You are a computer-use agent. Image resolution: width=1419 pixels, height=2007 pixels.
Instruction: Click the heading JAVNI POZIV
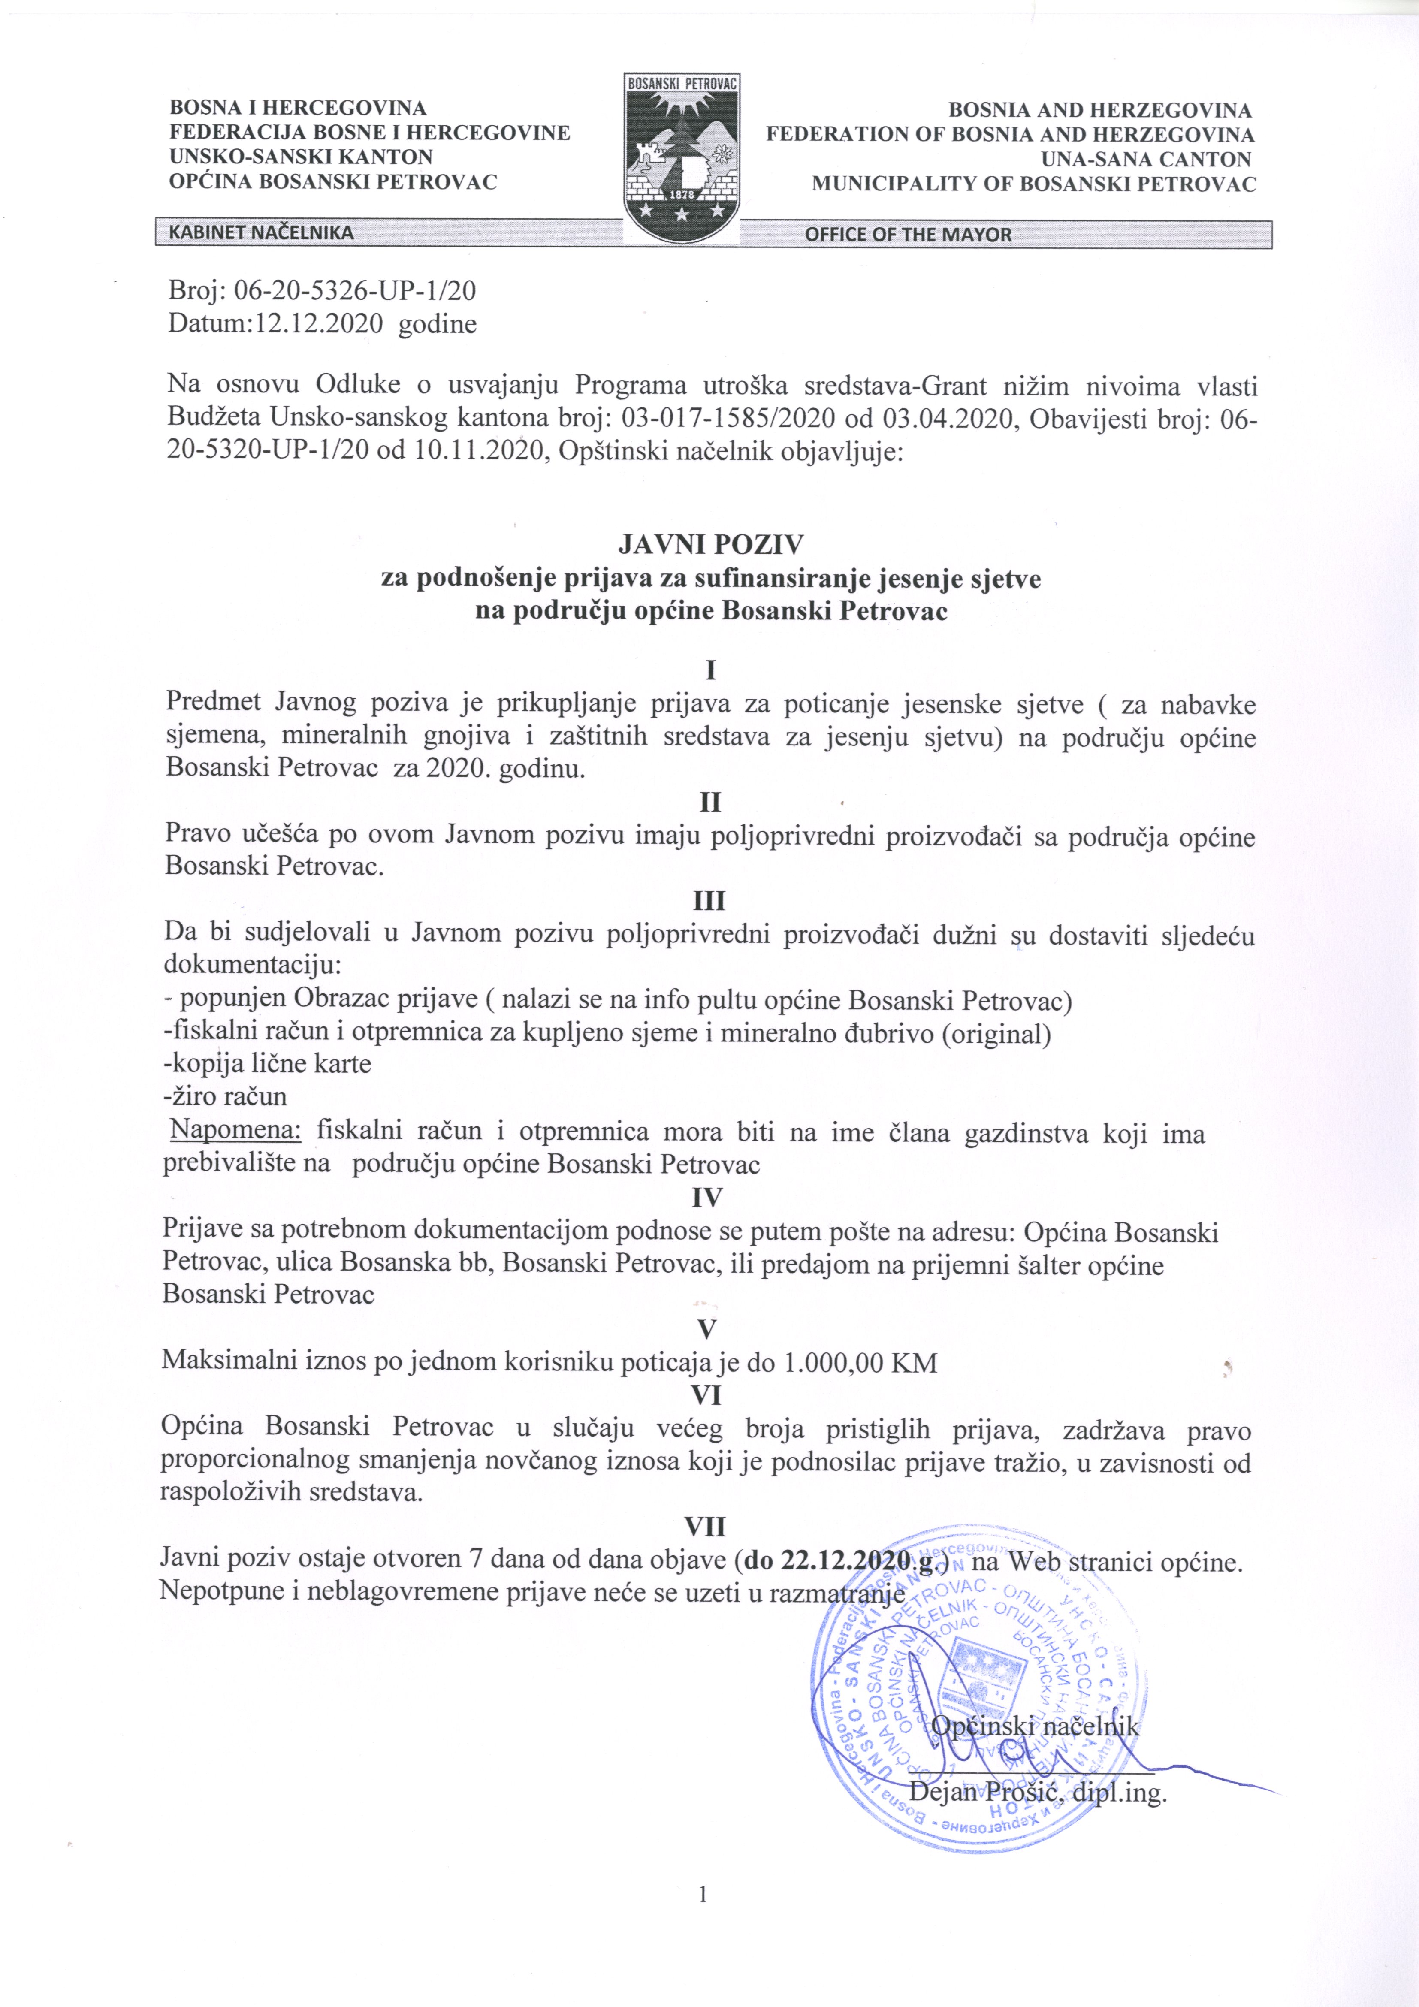710,545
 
